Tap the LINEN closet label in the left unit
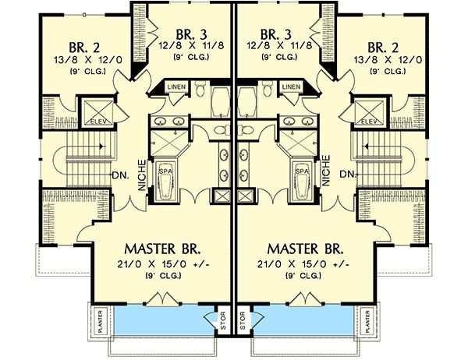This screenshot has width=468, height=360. point(175,86)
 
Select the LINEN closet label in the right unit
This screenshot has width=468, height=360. point(292,86)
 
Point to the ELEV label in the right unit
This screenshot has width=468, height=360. point(370,122)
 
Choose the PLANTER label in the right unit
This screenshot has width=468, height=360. point(365,321)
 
